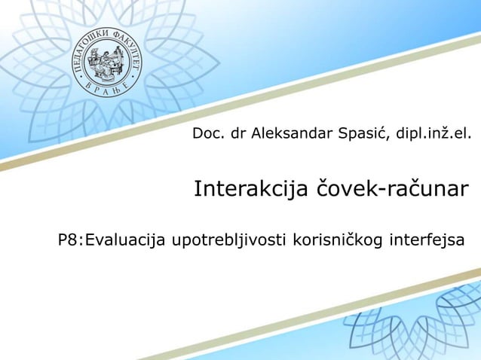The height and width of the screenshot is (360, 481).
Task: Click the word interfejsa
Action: (427, 240)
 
